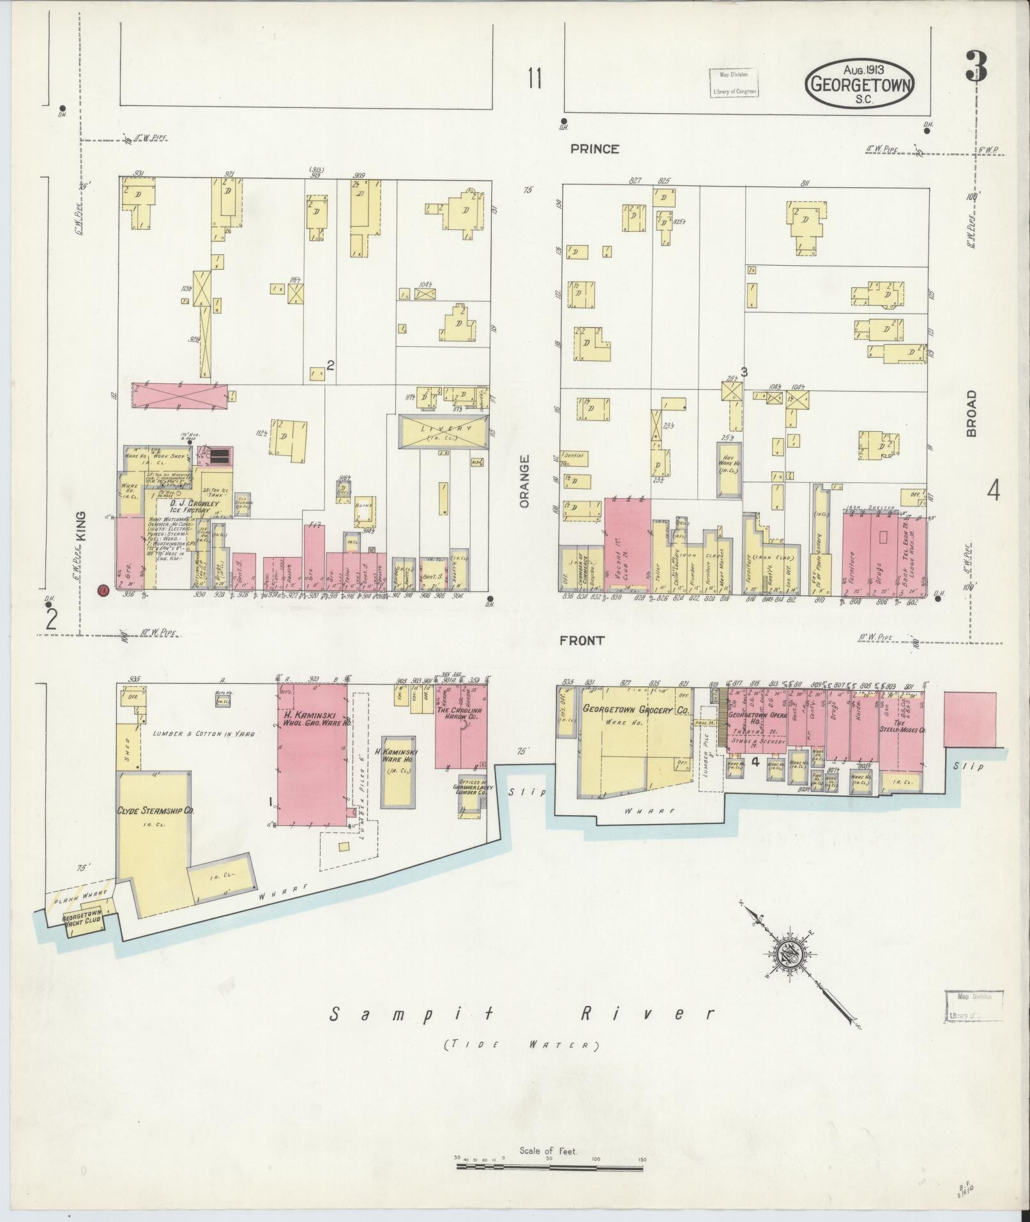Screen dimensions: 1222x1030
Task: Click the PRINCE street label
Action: point(595,149)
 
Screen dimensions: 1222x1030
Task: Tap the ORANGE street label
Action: point(525,481)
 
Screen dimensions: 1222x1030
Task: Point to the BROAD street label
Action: point(971,413)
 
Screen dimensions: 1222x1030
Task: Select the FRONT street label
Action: point(582,641)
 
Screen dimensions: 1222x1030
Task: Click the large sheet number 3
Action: point(976,66)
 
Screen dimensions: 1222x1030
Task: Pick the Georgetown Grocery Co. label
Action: point(636,710)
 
